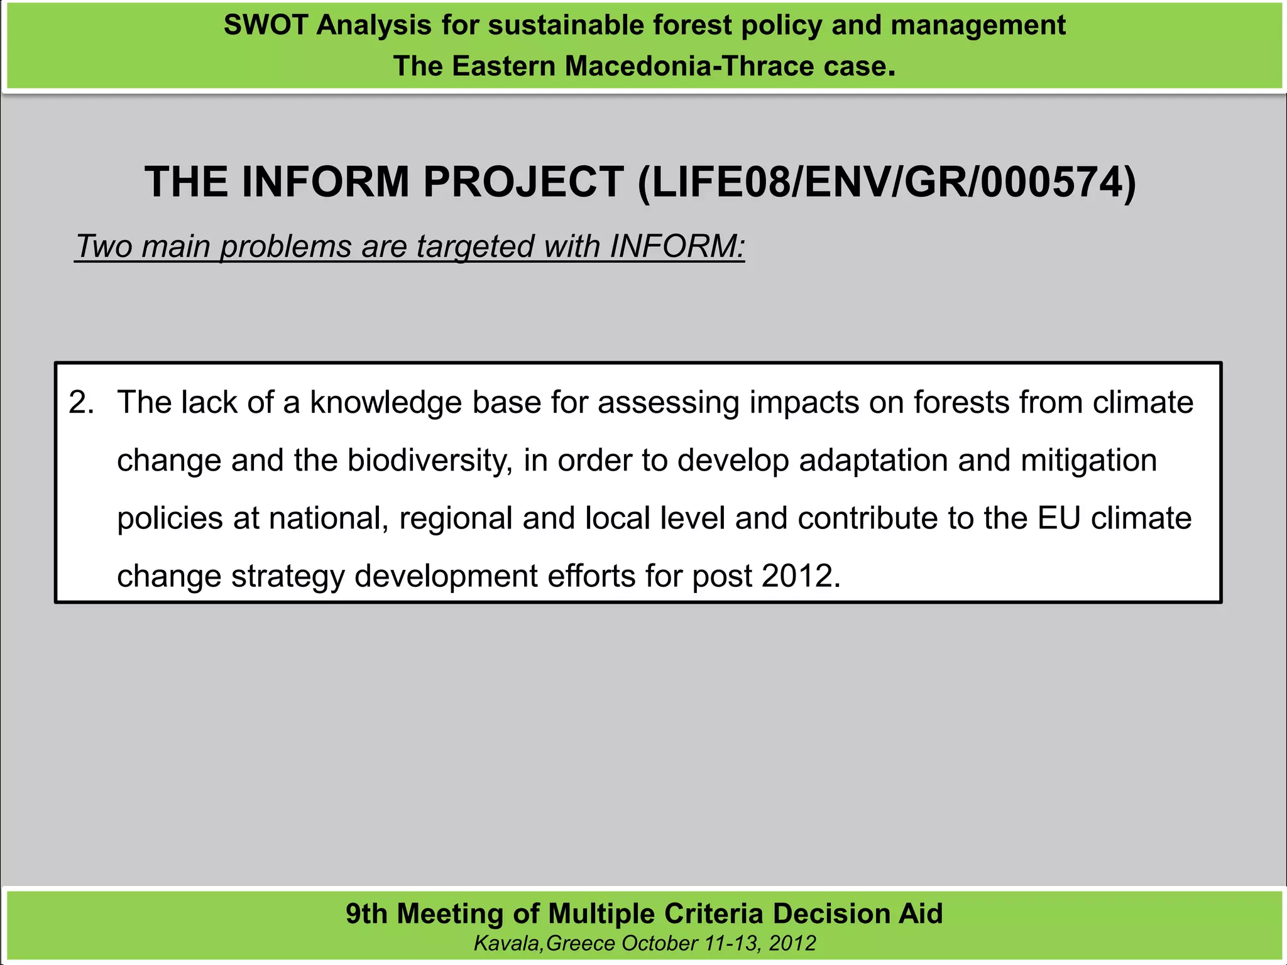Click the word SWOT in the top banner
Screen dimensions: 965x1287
click(x=265, y=26)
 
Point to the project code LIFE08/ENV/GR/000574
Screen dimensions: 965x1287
click(x=887, y=182)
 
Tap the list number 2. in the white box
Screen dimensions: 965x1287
click(x=82, y=402)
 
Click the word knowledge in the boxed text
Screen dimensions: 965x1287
click(x=386, y=402)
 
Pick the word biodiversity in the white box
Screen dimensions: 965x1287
click(x=427, y=461)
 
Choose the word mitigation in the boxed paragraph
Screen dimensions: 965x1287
click(x=1088, y=461)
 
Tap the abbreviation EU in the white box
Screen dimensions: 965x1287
click(x=1059, y=518)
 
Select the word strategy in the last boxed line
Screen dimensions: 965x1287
click(x=287, y=576)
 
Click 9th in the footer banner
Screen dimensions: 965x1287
click(x=366, y=914)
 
